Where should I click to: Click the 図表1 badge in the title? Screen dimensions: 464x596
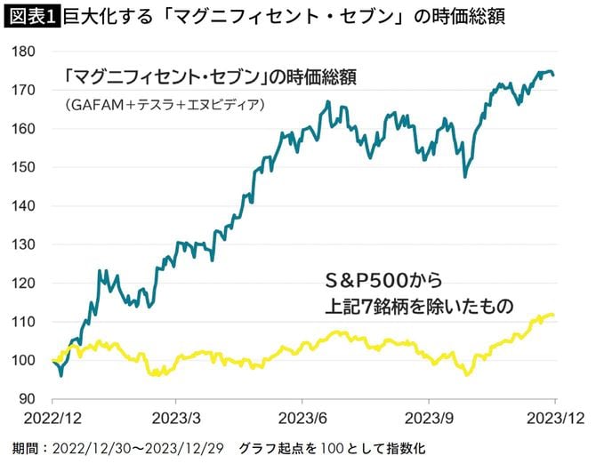coord(31,16)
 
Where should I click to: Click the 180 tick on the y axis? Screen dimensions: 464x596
coord(24,52)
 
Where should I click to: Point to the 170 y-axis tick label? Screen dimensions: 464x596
coord(24,90)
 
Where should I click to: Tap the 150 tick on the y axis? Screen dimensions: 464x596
coord(24,167)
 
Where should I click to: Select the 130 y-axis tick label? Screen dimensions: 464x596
coord(24,244)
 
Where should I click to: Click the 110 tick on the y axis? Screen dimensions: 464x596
coord(24,322)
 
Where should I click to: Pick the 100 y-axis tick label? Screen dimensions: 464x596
coord(24,360)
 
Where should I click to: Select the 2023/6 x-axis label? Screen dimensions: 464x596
coord(304,417)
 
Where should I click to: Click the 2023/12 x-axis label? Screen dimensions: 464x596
coord(553,417)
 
